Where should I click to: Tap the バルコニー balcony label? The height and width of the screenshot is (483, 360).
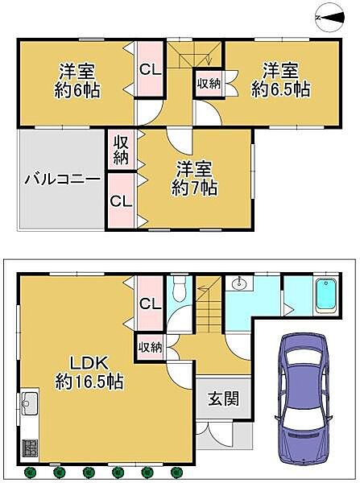(61, 178)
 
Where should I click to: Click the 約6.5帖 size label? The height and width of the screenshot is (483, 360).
(280, 89)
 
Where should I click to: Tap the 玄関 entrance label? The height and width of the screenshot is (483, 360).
(217, 398)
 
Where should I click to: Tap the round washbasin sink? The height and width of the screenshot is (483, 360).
(239, 284)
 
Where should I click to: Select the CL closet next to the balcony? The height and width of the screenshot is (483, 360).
(121, 200)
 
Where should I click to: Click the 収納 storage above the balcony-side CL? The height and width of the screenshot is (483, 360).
(121, 150)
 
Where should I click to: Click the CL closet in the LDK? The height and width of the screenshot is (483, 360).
(151, 303)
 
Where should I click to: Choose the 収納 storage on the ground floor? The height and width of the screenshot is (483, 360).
(150, 347)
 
